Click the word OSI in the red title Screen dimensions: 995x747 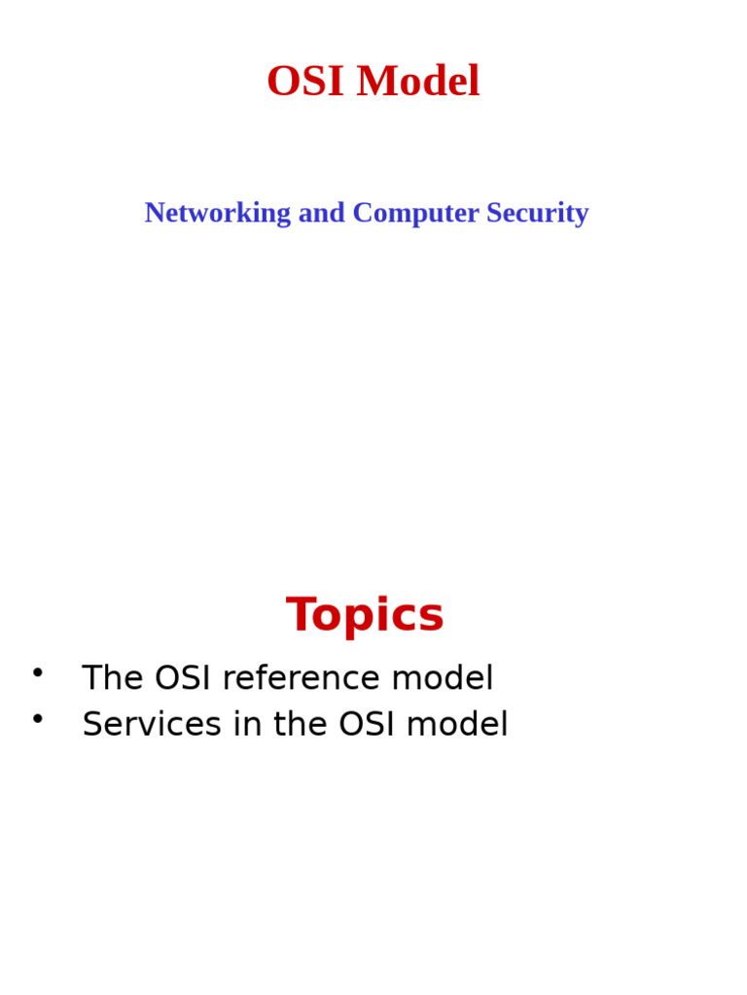pos(305,82)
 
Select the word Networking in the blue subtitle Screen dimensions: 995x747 pos(218,213)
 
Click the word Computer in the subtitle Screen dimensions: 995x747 pos(415,213)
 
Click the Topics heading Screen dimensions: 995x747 pos(365,615)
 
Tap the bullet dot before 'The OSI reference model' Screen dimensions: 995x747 pos(38,671)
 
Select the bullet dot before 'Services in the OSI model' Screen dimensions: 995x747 pos(38,718)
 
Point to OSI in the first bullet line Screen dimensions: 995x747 pos(183,678)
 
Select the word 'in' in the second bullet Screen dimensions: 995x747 pos(243,725)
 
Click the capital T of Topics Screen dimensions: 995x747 pos(302,615)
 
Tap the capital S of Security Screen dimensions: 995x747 pos(494,213)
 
